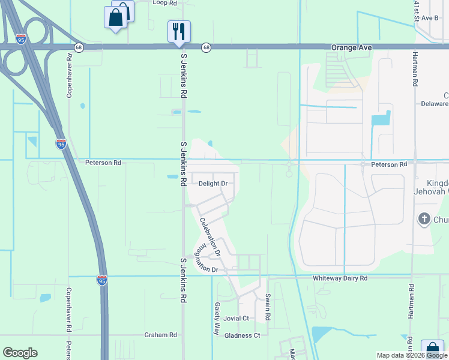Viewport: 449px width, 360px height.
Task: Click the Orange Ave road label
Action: (x=352, y=47)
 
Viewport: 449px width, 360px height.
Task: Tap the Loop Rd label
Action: (x=165, y=3)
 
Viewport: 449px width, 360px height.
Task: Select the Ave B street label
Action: (x=430, y=18)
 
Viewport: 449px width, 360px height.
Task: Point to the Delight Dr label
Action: (x=213, y=184)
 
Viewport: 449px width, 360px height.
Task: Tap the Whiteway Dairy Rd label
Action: (x=339, y=279)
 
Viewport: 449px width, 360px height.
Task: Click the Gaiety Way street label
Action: (x=217, y=318)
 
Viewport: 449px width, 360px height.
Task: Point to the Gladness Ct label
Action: (x=242, y=335)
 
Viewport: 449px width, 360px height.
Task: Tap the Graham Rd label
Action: (x=161, y=335)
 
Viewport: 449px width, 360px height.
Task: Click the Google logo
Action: (x=20, y=353)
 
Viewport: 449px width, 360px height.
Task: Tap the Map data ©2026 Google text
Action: (x=412, y=355)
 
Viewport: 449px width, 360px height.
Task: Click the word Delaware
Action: (x=435, y=104)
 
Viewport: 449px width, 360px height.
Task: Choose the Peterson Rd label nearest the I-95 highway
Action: (x=103, y=163)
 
